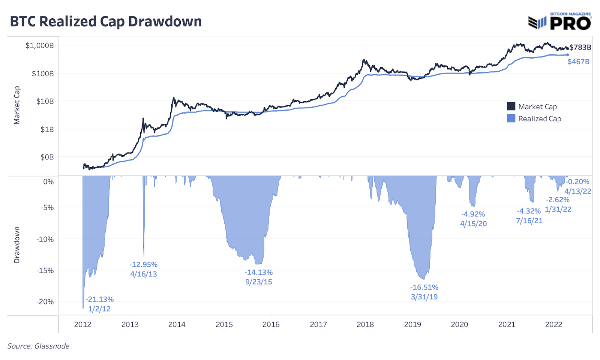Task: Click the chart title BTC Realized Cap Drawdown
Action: click(x=106, y=22)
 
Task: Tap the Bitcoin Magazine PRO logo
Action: click(x=559, y=22)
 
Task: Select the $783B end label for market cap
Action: click(x=580, y=47)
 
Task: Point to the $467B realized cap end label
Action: click(x=578, y=61)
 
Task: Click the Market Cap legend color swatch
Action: click(x=511, y=106)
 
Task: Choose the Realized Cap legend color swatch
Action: click(x=511, y=118)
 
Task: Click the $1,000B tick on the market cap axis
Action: click(x=39, y=45)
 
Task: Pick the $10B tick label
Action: click(x=45, y=101)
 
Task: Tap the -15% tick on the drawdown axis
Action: click(x=45, y=270)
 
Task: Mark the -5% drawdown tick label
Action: click(x=47, y=207)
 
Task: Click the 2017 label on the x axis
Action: click(x=318, y=324)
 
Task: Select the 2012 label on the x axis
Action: click(x=82, y=324)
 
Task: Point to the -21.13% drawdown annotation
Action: click(x=99, y=299)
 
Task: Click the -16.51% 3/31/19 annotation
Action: click(x=424, y=292)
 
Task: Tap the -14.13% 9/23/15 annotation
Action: click(x=259, y=277)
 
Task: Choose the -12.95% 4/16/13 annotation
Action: click(x=144, y=269)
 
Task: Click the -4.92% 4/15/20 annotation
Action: click(x=473, y=219)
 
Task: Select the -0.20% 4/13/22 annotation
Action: click(x=577, y=186)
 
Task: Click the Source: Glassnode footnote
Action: click(x=38, y=346)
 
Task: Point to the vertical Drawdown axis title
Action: click(x=17, y=244)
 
